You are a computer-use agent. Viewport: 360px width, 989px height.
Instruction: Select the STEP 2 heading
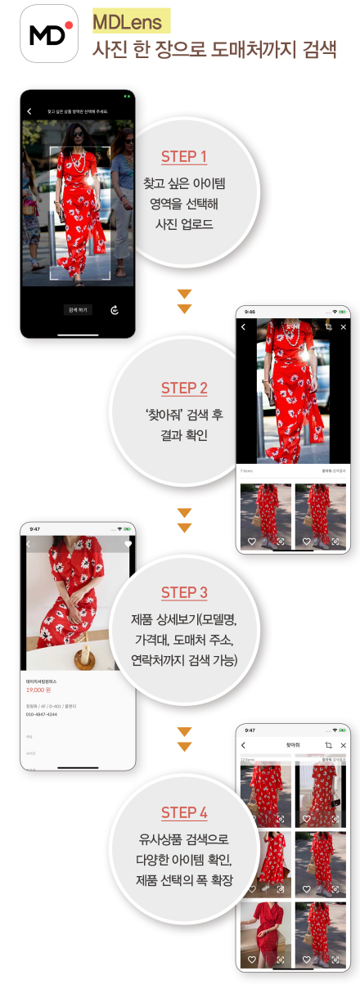[x=184, y=388]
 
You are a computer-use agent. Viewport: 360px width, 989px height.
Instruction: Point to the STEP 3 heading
[x=183, y=592]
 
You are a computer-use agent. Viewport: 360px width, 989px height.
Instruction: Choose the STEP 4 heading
[x=183, y=812]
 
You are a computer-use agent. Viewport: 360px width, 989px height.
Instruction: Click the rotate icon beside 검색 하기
[x=114, y=310]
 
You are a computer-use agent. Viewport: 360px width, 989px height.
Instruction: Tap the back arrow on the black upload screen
[x=29, y=110]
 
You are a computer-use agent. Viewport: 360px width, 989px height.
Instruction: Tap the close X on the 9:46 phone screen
[x=343, y=327]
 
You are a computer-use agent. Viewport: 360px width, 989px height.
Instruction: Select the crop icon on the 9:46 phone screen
[x=327, y=327]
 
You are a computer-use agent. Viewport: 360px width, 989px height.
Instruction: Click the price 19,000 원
[x=42, y=690]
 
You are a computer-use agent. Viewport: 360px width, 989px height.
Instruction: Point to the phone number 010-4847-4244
[x=41, y=714]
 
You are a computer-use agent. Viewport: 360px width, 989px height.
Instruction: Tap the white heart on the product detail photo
[x=128, y=543]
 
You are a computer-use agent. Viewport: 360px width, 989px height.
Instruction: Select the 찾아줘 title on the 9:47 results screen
[x=292, y=745]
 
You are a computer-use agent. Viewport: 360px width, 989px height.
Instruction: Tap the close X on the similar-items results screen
[x=343, y=745]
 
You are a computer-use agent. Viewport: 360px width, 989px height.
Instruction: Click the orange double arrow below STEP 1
[x=184, y=300]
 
